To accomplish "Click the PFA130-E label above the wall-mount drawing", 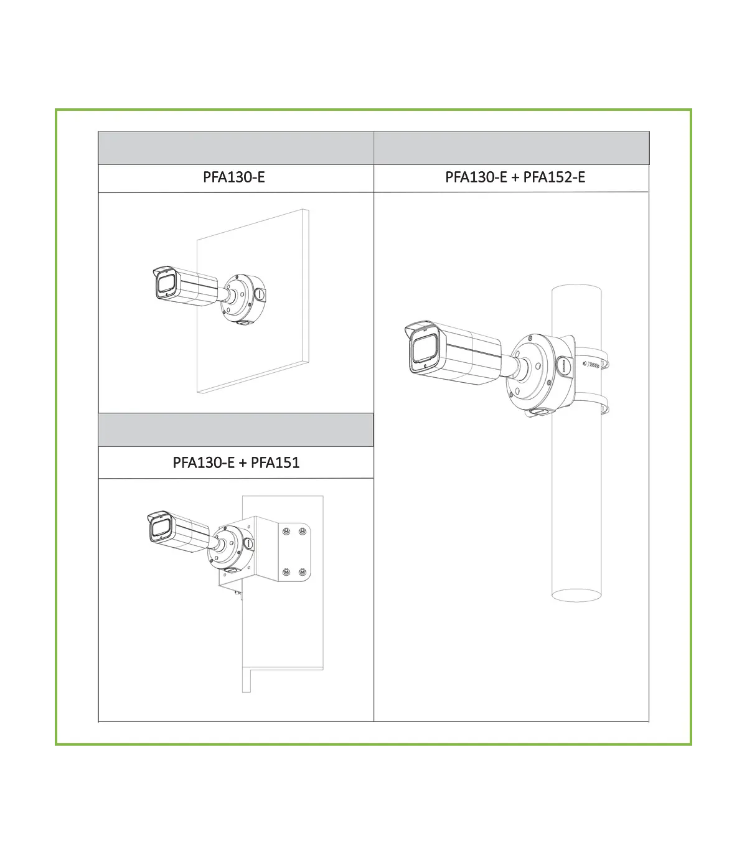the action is (233, 177).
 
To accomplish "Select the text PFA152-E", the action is (554, 177).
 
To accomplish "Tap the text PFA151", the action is (275, 463).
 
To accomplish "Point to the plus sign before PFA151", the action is (242, 463).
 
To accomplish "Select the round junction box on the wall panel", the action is (243, 299).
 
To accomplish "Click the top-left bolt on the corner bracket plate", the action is (286, 532).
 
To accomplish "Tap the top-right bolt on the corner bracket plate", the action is (303, 532).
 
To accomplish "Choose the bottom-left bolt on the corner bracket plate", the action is (286, 572).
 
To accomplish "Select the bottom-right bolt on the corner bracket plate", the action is (303, 572).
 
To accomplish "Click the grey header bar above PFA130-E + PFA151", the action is (236, 430).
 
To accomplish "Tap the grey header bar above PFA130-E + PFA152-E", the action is (512, 148).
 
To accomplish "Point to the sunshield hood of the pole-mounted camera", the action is (421, 327).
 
